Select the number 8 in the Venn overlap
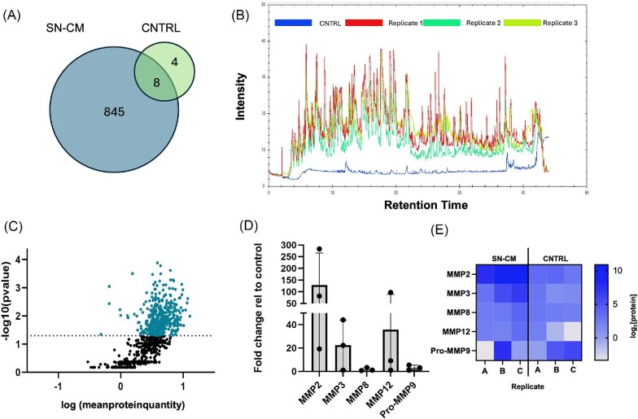[169, 81]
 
